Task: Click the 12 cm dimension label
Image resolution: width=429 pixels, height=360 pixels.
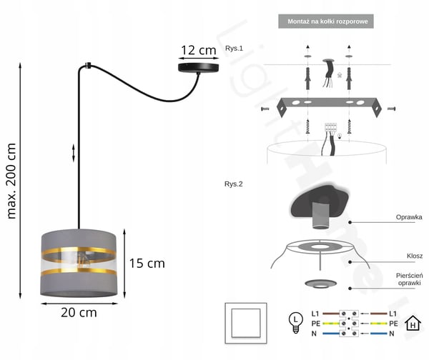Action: pos(199,50)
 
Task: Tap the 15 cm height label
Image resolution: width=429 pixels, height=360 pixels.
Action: pos(147,264)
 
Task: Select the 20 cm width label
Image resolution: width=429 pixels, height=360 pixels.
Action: pos(79,313)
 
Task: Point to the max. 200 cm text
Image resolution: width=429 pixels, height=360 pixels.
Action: pos(11,181)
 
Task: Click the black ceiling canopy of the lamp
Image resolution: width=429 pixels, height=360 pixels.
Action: pos(199,67)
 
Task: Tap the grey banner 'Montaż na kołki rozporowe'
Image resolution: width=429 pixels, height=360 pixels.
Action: pos(326,21)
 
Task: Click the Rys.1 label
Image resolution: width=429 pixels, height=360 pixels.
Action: pos(234,49)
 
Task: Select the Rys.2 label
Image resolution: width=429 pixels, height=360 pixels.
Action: pos(233,184)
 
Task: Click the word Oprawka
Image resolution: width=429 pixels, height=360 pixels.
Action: pos(409,217)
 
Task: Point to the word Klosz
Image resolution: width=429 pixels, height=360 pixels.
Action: pos(415,256)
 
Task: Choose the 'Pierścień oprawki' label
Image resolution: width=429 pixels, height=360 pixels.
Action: pos(409,279)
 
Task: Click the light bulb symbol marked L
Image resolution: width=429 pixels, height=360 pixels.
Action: pos(295,323)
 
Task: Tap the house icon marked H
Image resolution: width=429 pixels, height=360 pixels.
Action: pos(413,323)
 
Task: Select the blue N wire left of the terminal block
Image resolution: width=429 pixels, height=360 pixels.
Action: pos(331,334)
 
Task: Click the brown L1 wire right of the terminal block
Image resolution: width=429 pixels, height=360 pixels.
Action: pos(379,314)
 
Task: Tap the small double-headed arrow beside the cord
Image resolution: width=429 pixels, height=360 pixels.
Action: pos(74,153)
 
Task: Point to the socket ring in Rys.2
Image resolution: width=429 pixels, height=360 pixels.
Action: pos(320,284)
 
